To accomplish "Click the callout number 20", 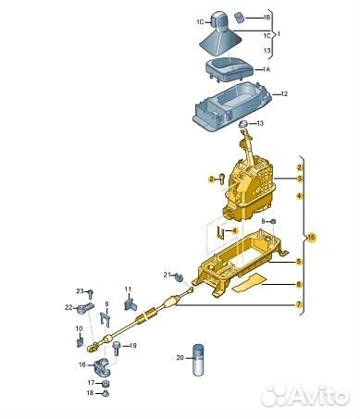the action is click(180, 358).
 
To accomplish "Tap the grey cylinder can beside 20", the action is click(199, 360).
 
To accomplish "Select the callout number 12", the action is click(284, 93).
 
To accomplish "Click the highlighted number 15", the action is click(311, 238).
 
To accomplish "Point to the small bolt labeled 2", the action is click(222, 179).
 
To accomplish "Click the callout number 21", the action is click(167, 275).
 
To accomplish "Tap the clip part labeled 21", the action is click(179, 277).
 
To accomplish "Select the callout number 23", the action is click(81, 291).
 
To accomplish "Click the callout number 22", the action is click(68, 307).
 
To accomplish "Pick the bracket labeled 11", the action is click(130, 304).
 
